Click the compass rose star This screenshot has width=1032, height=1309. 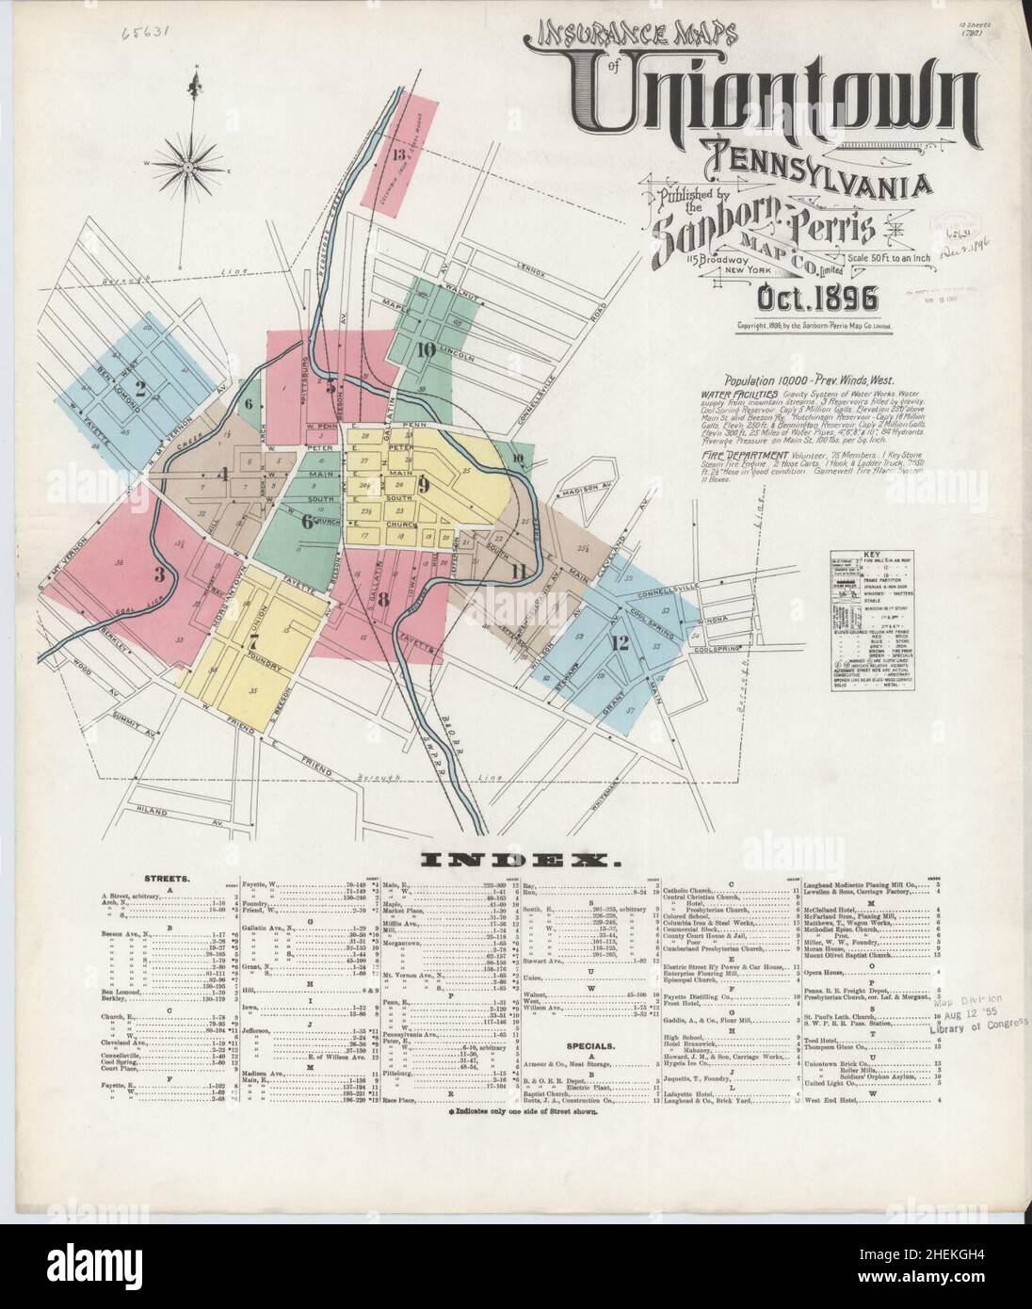(x=189, y=167)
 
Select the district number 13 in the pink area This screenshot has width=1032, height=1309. (x=398, y=154)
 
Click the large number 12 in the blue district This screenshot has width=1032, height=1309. (x=619, y=643)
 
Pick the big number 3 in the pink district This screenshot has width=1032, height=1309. (x=159, y=574)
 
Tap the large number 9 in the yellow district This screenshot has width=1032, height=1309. (x=424, y=486)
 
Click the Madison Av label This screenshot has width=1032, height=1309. (x=571, y=493)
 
